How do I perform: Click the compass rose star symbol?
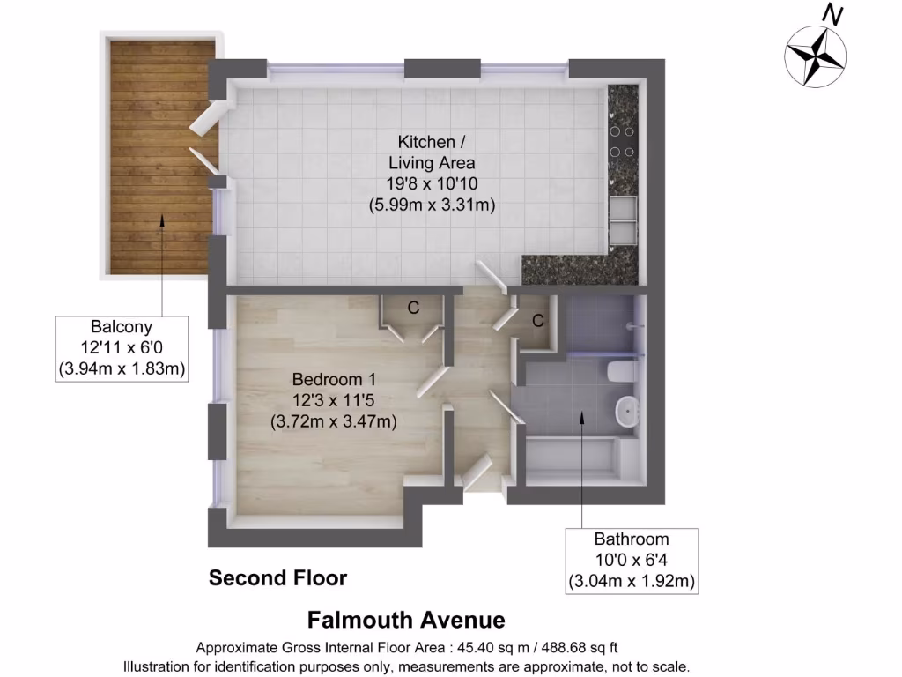click(x=815, y=56)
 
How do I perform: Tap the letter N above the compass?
click(x=831, y=14)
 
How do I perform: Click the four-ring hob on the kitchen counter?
click(x=623, y=139)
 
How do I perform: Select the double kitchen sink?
click(x=623, y=219)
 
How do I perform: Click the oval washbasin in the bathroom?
click(x=626, y=411)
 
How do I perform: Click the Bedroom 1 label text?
click(x=328, y=379)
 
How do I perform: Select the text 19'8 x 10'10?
click(x=427, y=183)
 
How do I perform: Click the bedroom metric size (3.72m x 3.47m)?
click(x=333, y=421)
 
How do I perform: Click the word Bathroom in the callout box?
click(x=631, y=539)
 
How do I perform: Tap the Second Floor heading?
click(x=277, y=578)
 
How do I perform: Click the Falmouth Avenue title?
click(x=406, y=620)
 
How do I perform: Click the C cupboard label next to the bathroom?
click(x=537, y=321)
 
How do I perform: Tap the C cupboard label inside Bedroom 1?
click(x=412, y=308)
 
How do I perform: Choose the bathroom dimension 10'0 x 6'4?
click(x=631, y=560)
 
